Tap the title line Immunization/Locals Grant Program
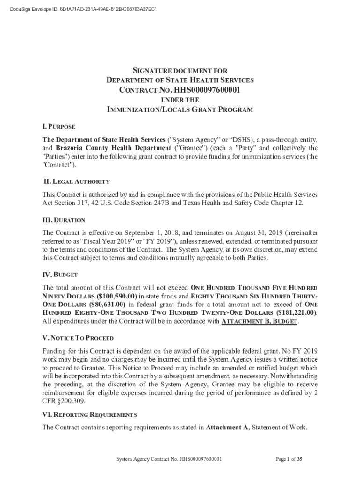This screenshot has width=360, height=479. [x=180, y=110]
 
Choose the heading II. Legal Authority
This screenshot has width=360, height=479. [x=76, y=181]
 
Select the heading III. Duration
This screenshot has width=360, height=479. [x=64, y=219]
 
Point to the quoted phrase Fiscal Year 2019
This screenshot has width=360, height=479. [x=105, y=241]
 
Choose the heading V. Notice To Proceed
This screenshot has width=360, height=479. [x=78, y=338]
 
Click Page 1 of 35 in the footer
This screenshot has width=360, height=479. [x=289, y=459]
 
